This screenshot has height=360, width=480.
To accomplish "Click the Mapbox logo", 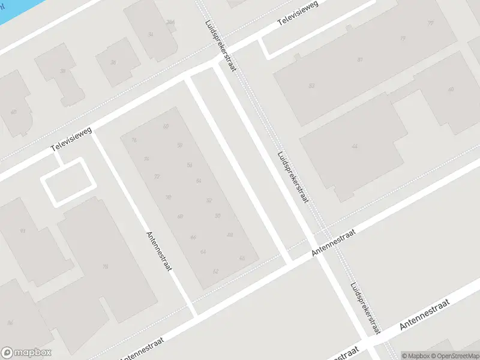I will [26, 353].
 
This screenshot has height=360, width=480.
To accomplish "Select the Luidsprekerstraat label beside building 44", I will [292, 176].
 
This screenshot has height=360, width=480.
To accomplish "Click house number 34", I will [151, 34].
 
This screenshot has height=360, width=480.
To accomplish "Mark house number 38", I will [62, 71].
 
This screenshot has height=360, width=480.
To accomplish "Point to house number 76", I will [134, 140].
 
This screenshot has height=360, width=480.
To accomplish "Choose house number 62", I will [215, 272].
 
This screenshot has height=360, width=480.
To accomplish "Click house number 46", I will [242, 258].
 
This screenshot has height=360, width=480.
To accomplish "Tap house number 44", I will [355, 146].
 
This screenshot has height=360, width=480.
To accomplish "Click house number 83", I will [311, 86].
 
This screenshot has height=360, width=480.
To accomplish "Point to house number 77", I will [430, 22].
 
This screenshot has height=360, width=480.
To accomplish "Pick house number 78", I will [106, 267].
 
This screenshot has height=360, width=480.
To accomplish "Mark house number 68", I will [180, 217].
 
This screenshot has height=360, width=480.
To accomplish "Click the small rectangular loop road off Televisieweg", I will [68, 181].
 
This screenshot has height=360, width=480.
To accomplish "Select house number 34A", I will [170, 22].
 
